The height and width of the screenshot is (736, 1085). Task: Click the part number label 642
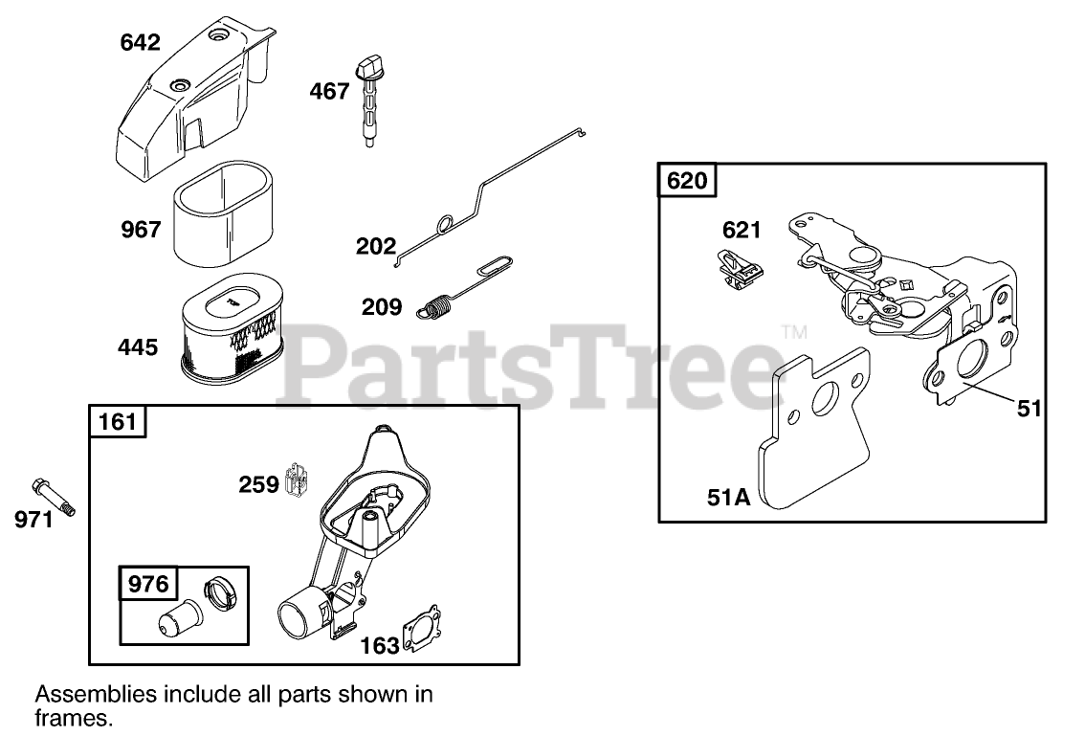click(141, 43)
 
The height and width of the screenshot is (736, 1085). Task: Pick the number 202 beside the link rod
click(376, 247)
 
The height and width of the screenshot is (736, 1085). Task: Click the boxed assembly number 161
click(118, 421)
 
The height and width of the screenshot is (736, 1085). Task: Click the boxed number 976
click(148, 584)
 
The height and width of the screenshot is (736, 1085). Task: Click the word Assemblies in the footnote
click(85, 694)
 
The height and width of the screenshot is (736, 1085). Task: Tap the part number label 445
click(139, 346)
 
